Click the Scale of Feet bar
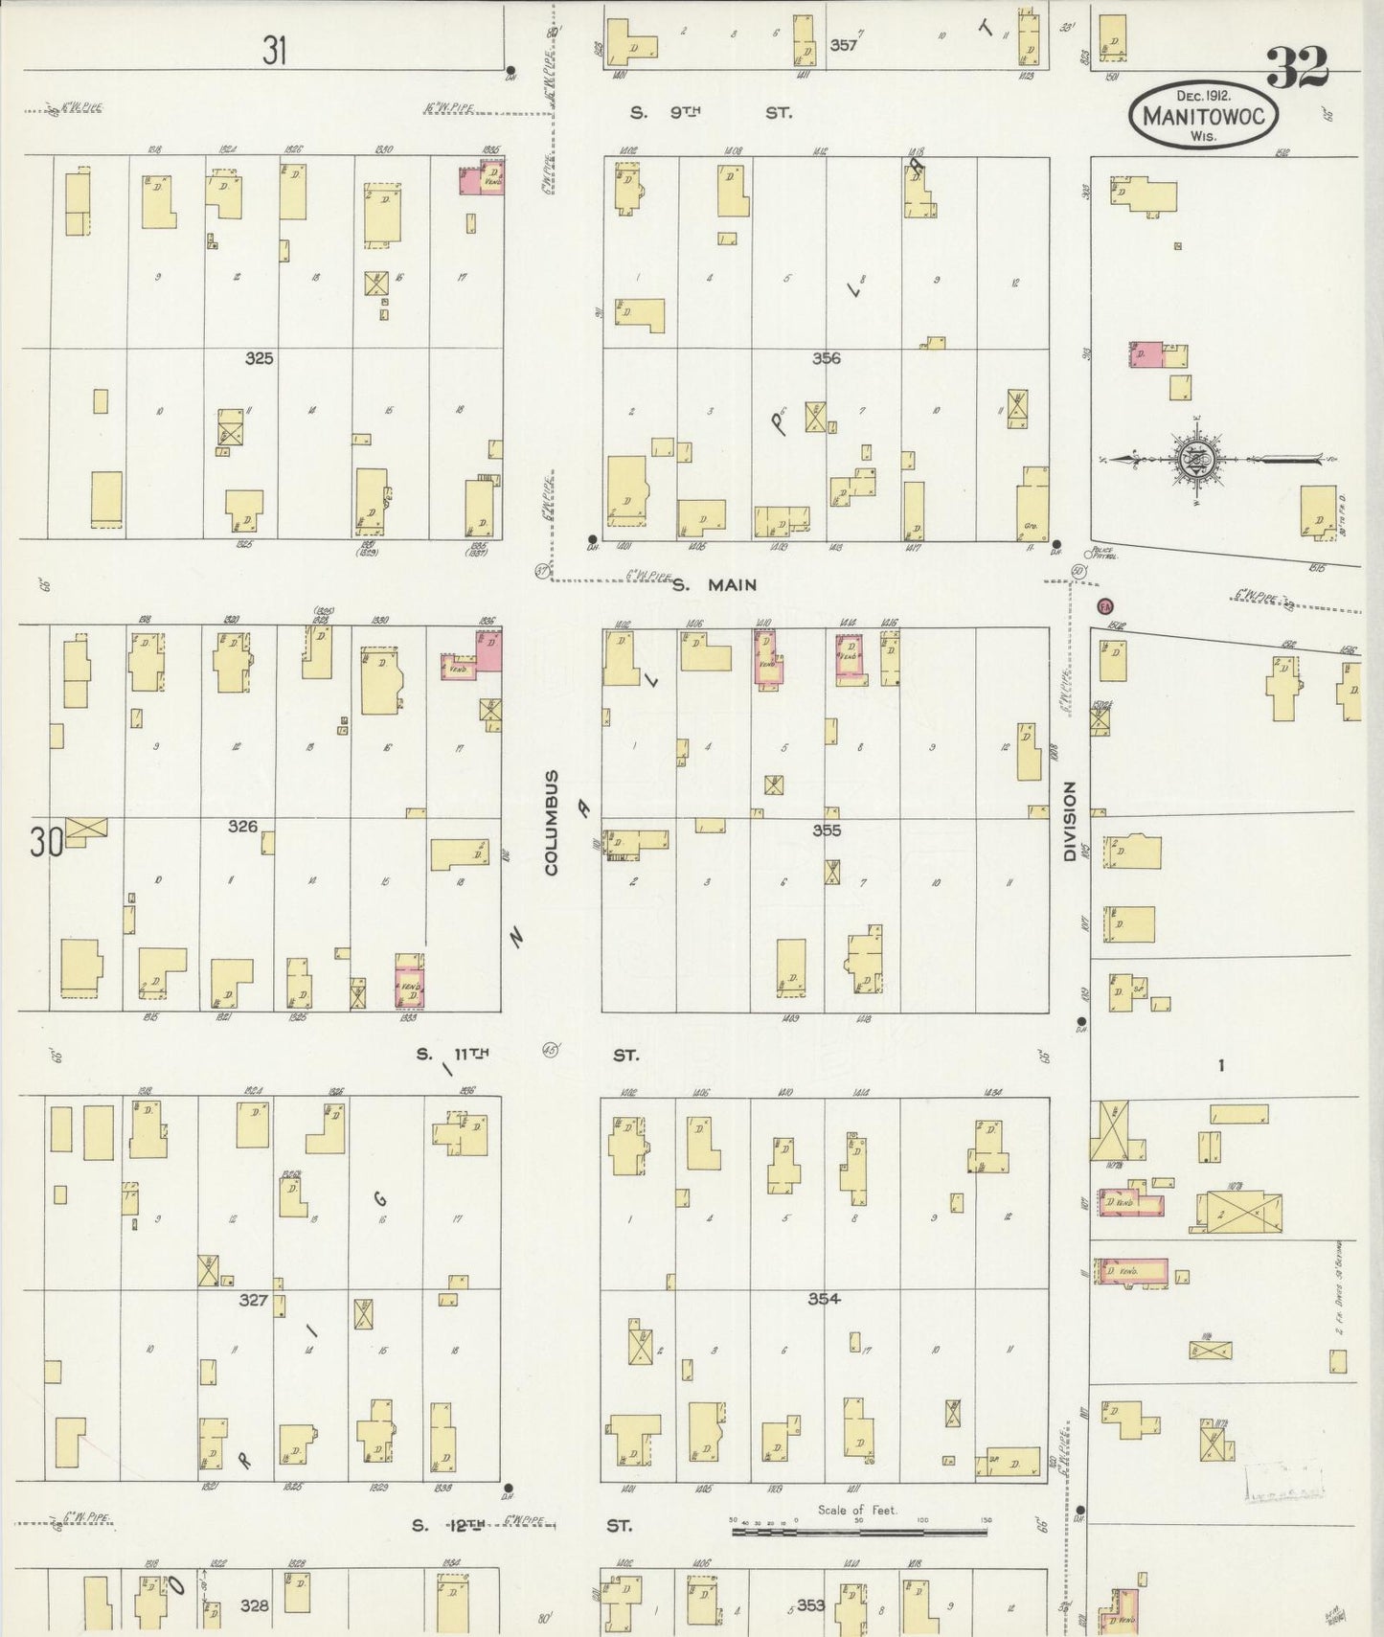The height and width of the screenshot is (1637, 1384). coord(858,1532)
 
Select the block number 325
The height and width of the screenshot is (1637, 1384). coord(259,358)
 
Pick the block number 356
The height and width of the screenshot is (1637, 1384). coord(826,358)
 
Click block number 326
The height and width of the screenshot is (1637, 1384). coord(242,826)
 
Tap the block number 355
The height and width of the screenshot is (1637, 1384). coord(826,830)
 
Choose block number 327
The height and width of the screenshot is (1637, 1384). coord(253,1301)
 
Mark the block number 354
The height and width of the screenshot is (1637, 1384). coord(823,1299)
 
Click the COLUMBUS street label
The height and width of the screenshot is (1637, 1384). coord(551,823)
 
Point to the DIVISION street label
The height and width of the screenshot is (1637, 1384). coord(1069,821)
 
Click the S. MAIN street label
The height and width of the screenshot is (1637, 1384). coord(714,584)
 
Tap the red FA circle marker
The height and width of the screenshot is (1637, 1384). coord(1104,606)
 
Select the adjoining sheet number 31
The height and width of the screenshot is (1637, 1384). coord(274,50)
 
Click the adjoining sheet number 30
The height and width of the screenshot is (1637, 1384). coord(45,842)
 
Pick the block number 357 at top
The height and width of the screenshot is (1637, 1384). coord(843,44)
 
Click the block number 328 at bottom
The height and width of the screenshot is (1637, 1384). coord(254,1605)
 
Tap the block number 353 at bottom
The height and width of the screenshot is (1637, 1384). coord(810,1604)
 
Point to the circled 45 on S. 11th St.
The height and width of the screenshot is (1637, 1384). coord(550,1049)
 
